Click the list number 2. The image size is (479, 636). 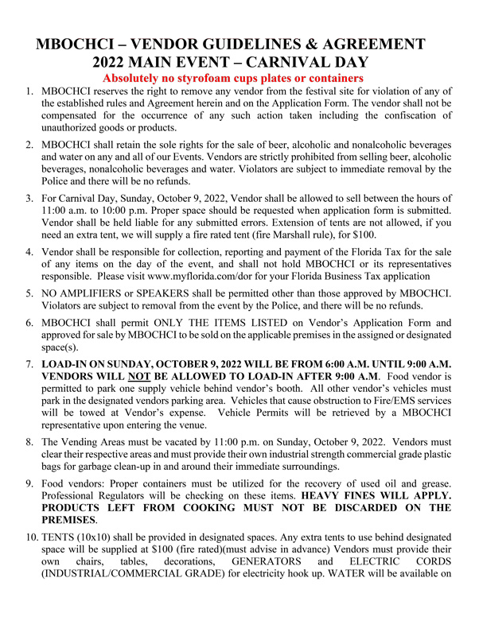pos(29,145)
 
